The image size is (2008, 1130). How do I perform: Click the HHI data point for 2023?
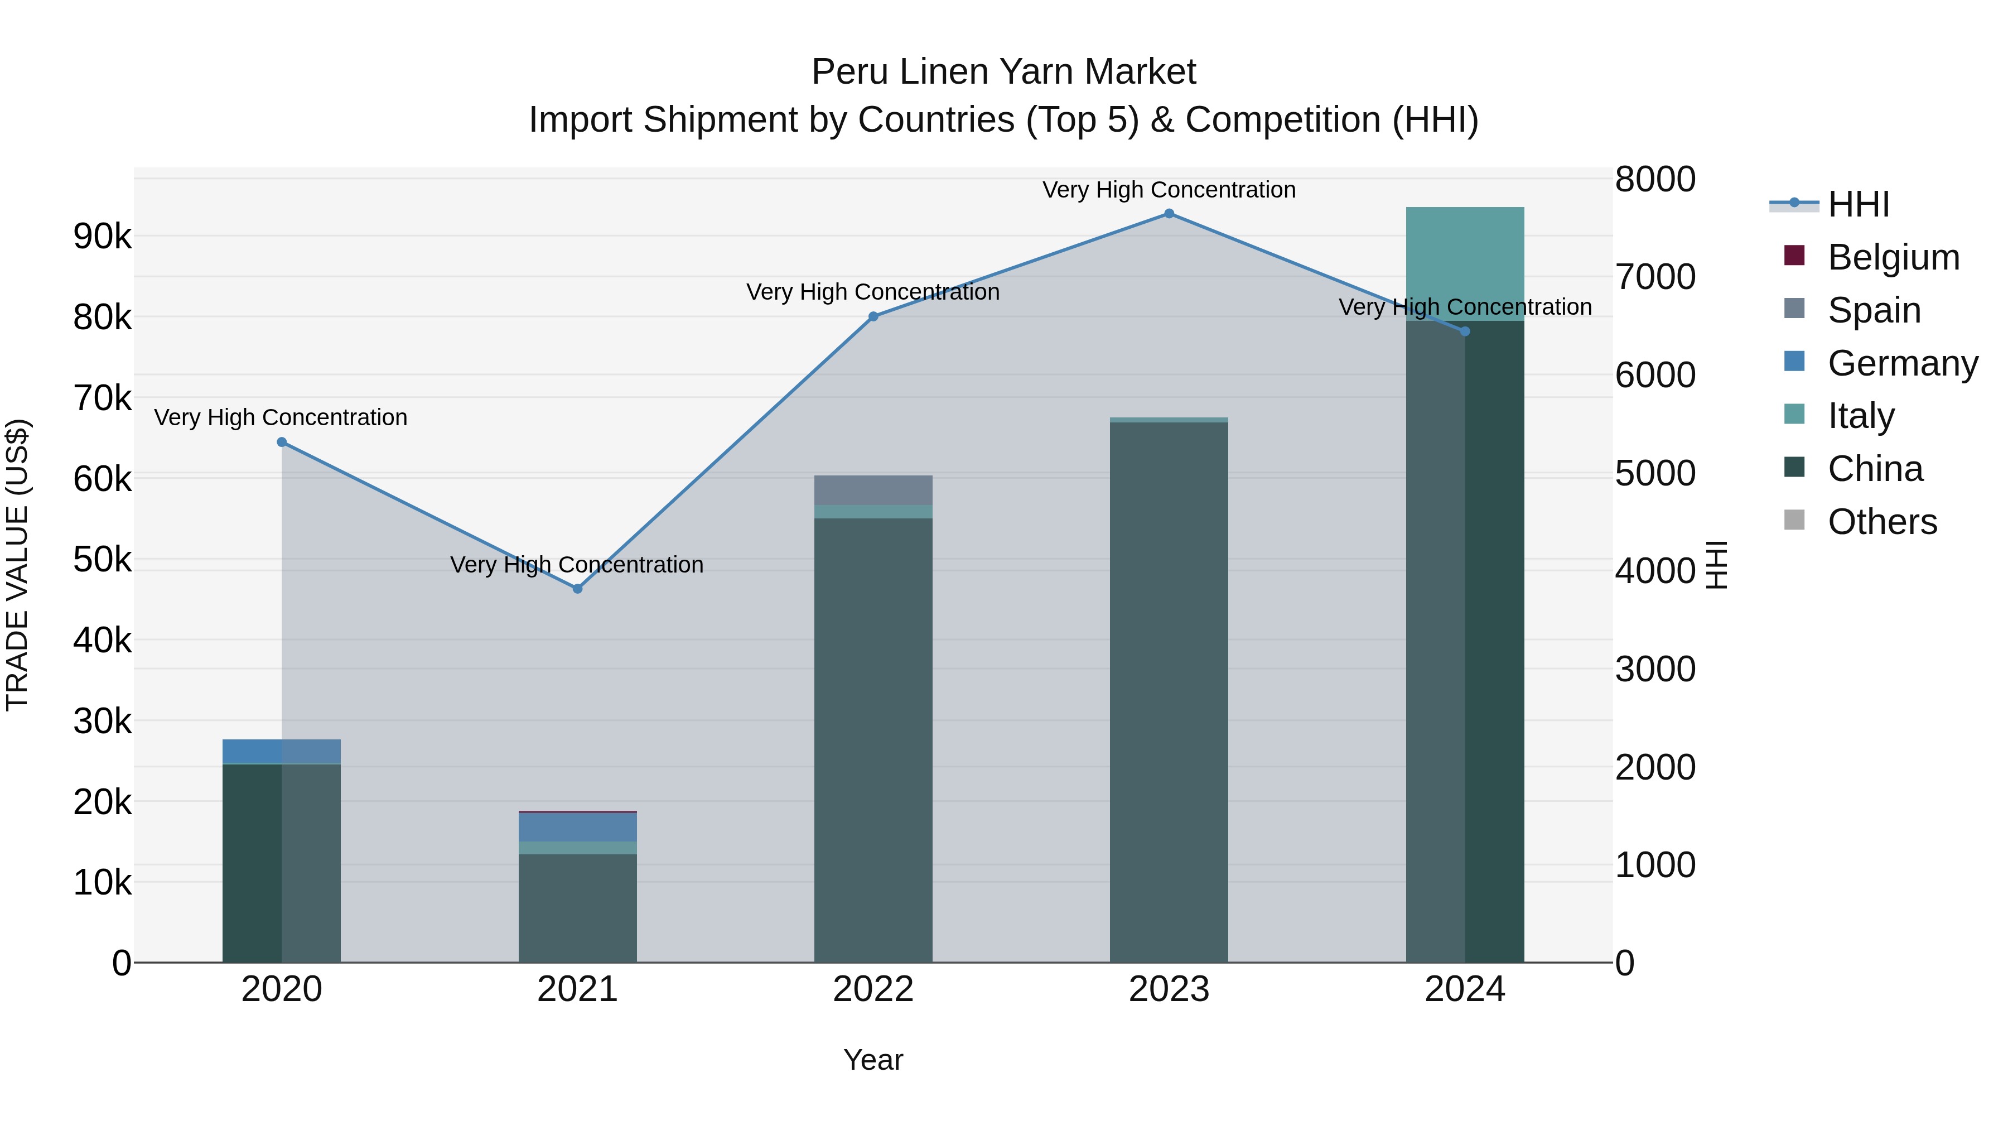click(x=1169, y=214)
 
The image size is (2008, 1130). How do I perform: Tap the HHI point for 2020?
click(x=282, y=442)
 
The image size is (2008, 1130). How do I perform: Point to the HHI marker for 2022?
click(x=873, y=316)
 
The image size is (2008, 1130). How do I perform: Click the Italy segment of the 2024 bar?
click(x=1465, y=263)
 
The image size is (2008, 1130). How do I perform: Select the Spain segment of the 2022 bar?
click(x=873, y=490)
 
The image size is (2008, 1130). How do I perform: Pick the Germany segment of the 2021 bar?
click(x=578, y=826)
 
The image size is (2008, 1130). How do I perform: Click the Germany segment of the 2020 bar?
click(x=282, y=751)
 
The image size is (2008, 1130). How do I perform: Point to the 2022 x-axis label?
click(x=873, y=989)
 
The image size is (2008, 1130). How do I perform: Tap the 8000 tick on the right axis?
click(x=1655, y=179)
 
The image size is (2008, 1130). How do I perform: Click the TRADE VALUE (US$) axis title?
click(x=18, y=565)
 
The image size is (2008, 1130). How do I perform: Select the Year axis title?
click(x=873, y=1060)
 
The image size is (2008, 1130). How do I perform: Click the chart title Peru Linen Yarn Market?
click(x=1003, y=72)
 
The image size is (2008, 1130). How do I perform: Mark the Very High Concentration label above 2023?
click(x=1169, y=190)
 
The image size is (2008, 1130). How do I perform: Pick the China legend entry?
click(x=1875, y=469)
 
